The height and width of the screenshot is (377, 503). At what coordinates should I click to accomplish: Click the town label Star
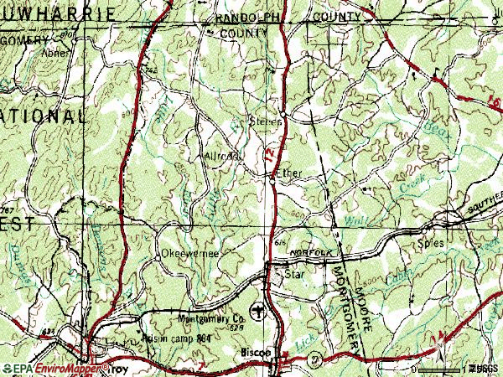[293, 274]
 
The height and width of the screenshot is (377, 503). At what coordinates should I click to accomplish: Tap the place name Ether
[289, 174]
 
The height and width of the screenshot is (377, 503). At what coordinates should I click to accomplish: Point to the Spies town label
[430, 243]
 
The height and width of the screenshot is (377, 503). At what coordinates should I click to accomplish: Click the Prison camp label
[160, 340]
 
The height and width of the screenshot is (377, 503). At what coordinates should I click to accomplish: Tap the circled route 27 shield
[313, 358]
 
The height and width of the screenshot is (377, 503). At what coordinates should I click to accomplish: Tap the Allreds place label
[222, 156]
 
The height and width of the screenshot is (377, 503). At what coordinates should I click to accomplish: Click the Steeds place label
[267, 121]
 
